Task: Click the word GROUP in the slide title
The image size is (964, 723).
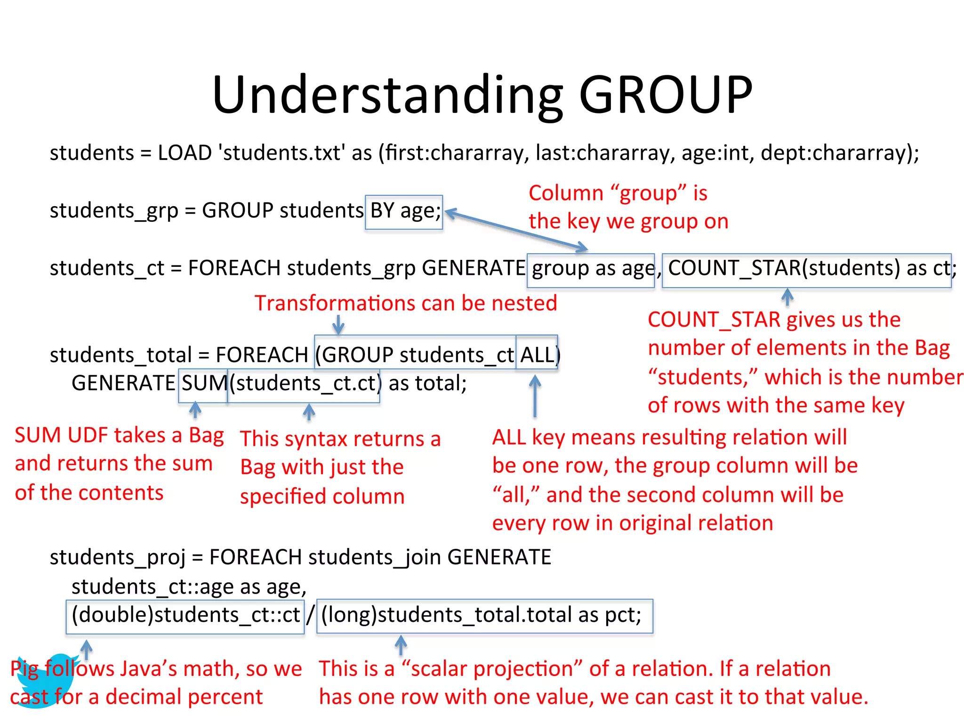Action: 666,95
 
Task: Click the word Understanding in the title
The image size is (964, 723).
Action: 387,95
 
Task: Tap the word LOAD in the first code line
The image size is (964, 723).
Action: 185,153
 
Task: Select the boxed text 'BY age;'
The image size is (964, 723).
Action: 404,212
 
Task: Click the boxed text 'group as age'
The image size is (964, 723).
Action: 591,270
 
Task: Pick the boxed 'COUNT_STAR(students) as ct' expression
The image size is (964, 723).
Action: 806,270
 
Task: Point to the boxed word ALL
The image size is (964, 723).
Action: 537,354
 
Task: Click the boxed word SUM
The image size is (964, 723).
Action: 203,384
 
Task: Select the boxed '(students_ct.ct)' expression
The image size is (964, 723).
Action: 304,384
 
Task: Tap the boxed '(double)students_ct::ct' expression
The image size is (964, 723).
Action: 185,616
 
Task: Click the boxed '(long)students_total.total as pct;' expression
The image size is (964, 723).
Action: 484,616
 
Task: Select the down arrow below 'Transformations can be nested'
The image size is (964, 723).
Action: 338,325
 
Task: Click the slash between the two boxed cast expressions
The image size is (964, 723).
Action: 310,616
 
